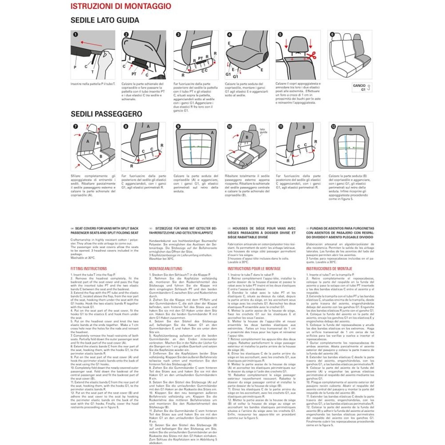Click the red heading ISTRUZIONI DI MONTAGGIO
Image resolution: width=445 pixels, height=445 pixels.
121,6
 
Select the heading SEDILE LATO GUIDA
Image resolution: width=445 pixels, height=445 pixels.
105,20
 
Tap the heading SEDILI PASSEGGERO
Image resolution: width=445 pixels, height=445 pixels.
106,114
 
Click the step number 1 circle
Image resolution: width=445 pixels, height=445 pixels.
75,34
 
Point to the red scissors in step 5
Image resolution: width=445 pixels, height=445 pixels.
312,56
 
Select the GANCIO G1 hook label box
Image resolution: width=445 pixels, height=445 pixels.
362,87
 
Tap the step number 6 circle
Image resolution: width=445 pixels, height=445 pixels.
332,34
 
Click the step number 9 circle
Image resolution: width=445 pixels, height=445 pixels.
178,126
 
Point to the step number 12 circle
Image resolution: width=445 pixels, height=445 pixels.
333,126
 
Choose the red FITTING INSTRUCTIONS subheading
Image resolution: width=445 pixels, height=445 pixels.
89,269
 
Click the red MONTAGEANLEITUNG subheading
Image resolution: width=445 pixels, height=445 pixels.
166,269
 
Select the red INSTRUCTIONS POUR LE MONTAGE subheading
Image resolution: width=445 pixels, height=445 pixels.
254,269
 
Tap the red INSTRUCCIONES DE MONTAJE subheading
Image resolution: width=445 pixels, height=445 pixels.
329,269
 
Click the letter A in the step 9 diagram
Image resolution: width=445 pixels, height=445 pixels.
212,133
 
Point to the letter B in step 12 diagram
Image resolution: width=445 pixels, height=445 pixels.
351,130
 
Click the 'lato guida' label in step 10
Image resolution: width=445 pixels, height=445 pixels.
263,131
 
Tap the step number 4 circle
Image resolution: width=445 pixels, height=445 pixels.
229,34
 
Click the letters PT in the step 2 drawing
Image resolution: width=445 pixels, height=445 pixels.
134,74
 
